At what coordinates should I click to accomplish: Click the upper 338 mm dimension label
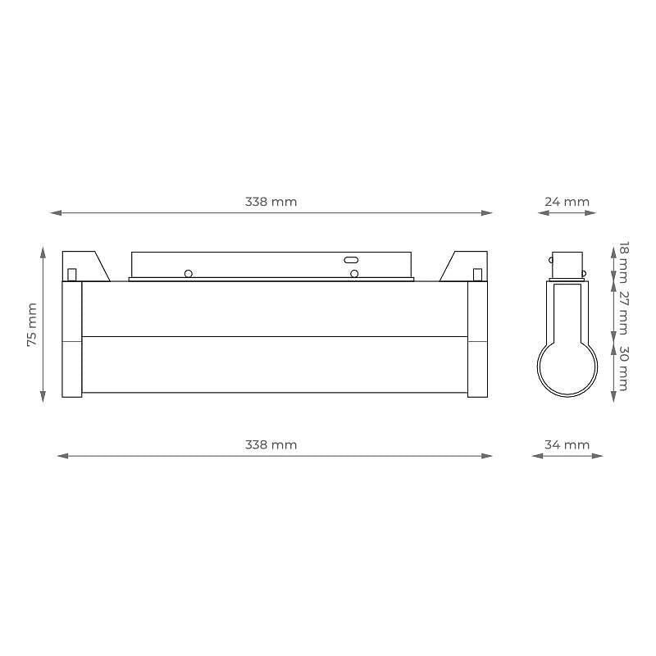(x=271, y=202)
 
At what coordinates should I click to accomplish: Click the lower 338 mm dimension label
(x=271, y=444)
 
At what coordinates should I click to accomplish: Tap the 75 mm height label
(x=32, y=325)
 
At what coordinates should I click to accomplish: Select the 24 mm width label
(x=567, y=202)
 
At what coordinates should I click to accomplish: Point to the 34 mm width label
(x=567, y=444)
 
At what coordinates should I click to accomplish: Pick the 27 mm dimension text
(x=623, y=313)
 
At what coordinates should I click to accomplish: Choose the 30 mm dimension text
(x=623, y=368)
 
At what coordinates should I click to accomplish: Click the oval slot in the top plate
(x=351, y=260)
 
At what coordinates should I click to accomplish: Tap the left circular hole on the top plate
(x=189, y=274)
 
